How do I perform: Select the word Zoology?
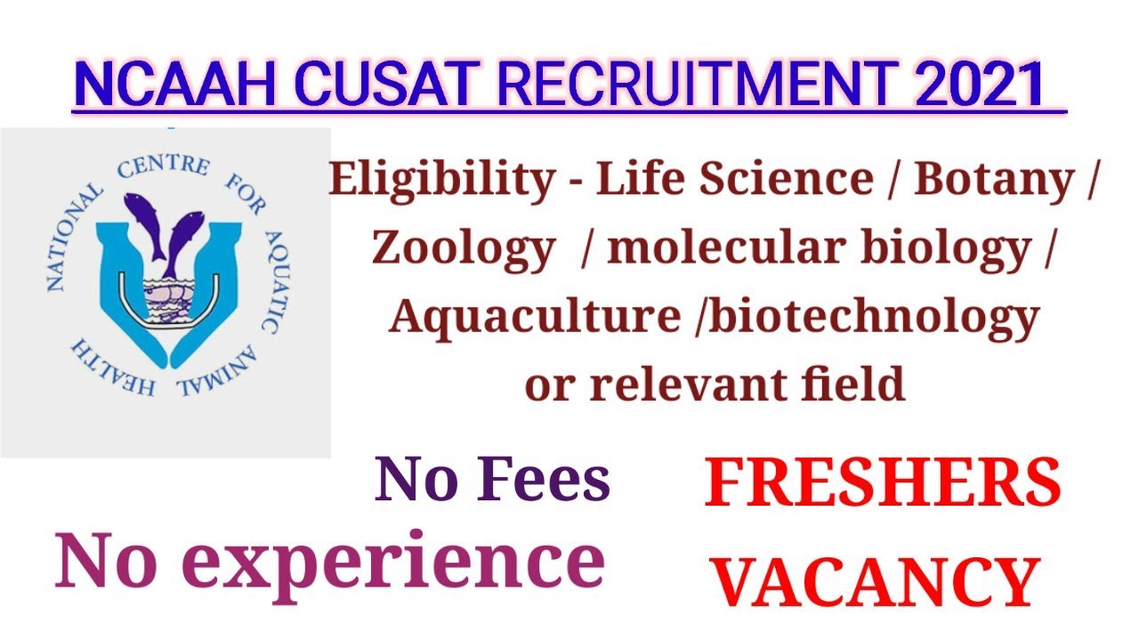[x=463, y=250]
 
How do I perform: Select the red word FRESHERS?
[x=882, y=485]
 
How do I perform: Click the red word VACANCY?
[x=877, y=580]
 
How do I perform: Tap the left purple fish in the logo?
[x=143, y=223]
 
